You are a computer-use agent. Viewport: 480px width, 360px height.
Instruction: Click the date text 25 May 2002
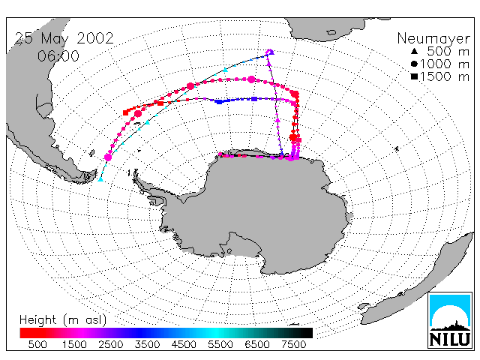[x=64, y=39]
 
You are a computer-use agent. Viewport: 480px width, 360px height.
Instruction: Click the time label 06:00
[x=58, y=56]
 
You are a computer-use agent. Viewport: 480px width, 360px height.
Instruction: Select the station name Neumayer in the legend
[x=433, y=39]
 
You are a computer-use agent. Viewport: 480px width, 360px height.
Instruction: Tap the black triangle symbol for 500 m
[x=414, y=51]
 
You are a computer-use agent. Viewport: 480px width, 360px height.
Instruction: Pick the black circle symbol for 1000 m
[x=414, y=64]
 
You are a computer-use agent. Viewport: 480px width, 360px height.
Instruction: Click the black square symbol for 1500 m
[x=414, y=76]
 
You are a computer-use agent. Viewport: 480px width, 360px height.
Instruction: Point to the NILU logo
[x=450, y=320]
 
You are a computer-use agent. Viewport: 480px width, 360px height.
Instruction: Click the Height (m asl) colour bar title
[x=63, y=320]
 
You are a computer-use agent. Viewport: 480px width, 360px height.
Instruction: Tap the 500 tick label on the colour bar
[x=37, y=344]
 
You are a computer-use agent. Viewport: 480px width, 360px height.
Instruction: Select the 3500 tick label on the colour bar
[x=147, y=344]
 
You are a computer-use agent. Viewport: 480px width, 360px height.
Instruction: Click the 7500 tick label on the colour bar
[x=293, y=344]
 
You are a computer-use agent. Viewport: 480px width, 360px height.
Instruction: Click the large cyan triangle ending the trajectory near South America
[x=100, y=178]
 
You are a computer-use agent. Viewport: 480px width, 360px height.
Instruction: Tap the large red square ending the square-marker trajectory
[x=125, y=113]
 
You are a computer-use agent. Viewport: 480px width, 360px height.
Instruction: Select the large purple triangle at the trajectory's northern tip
[x=271, y=52]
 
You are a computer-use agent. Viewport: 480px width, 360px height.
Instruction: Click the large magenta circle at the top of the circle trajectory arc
[x=251, y=79]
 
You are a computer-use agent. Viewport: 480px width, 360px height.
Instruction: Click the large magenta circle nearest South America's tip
[x=108, y=157]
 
